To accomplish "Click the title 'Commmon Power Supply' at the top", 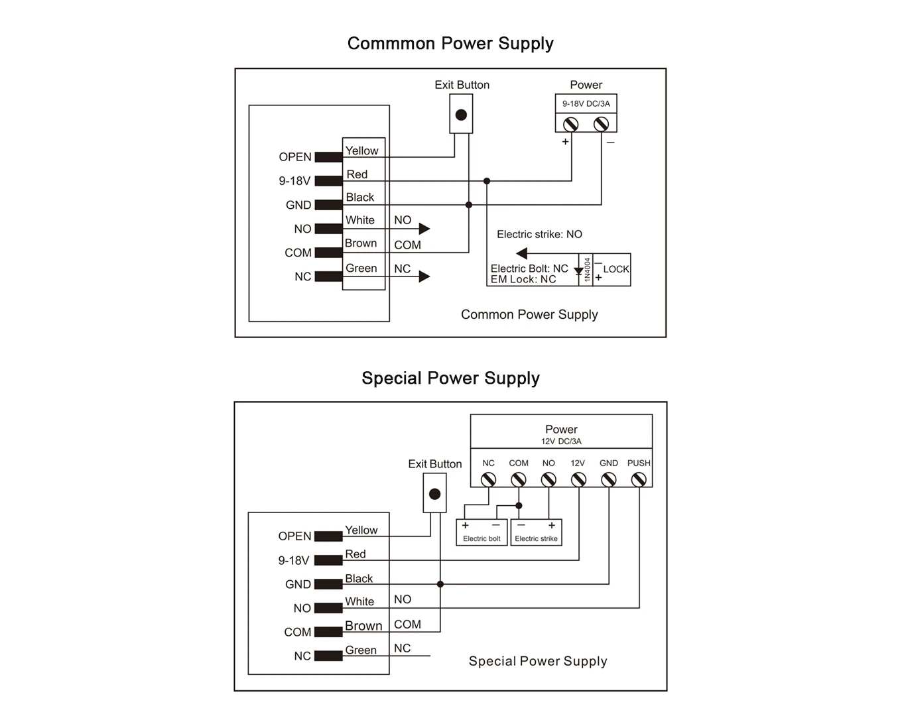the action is tap(450, 44).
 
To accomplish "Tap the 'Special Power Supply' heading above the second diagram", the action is tap(450, 379).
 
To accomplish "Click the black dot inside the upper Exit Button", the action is tap(461, 115).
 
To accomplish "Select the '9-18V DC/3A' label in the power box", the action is tap(586, 103).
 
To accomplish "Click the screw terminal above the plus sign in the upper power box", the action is tap(571, 124).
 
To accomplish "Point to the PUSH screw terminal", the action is tap(639, 479).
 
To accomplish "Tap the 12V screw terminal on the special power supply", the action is tap(579, 479).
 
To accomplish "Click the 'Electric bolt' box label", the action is tap(482, 538).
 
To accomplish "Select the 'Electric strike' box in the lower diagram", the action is tap(536, 532).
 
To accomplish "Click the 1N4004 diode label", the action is tap(587, 269).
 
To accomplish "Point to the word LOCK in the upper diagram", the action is tap(616, 269).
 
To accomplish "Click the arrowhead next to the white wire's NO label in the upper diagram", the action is tap(424, 229).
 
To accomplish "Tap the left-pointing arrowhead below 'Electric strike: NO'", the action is tap(521, 253).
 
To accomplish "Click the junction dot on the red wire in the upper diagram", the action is tap(487, 181).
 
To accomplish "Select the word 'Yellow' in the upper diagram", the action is tap(361, 150).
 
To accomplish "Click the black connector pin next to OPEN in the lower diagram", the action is tap(328, 536).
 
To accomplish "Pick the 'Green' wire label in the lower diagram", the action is tap(361, 650).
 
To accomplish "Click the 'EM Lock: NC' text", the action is tap(523, 280).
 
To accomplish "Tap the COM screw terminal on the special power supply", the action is tap(519, 479).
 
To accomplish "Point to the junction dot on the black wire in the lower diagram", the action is tap(440, 584).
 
